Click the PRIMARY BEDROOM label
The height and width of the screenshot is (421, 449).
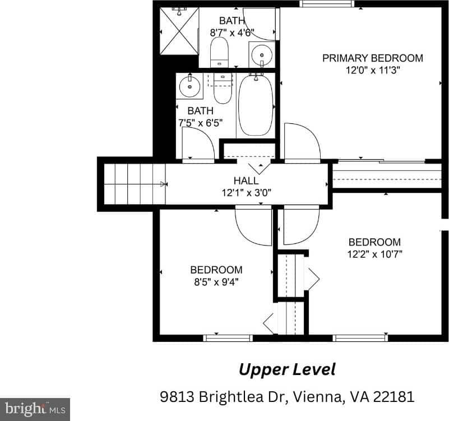[373, 58]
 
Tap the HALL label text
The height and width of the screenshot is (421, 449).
[246, 181]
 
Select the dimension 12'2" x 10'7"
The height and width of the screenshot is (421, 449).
[374, 254]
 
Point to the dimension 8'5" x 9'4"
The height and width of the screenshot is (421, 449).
[216, 282]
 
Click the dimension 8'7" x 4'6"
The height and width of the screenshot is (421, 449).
[232, 33]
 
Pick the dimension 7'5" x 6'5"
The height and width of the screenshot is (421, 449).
[201, 123]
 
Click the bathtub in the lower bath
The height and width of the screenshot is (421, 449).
[256, 105]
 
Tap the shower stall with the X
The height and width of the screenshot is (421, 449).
[179, 31]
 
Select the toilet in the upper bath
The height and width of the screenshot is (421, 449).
[219, 52]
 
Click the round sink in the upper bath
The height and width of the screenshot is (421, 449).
[262, 55]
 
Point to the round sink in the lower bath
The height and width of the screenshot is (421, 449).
[189, 86]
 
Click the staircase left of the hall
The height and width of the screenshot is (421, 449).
[135, 184]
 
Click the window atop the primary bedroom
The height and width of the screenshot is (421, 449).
[327, 3]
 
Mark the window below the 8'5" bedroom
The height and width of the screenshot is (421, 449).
[228, 338]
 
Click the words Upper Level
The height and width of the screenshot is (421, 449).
[287, 370]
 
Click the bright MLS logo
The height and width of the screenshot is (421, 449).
[35, 409]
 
